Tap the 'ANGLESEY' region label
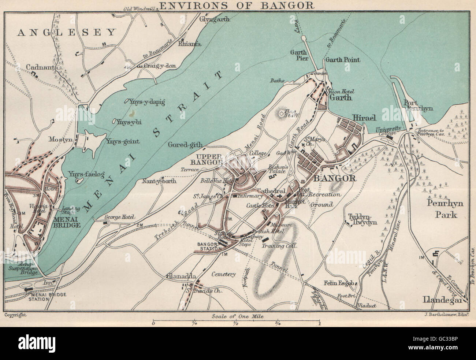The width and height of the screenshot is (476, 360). tap(66, 33)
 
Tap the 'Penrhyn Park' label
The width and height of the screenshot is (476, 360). tap(446, 208)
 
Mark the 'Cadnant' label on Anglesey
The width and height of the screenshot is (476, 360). tap(40, 67)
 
